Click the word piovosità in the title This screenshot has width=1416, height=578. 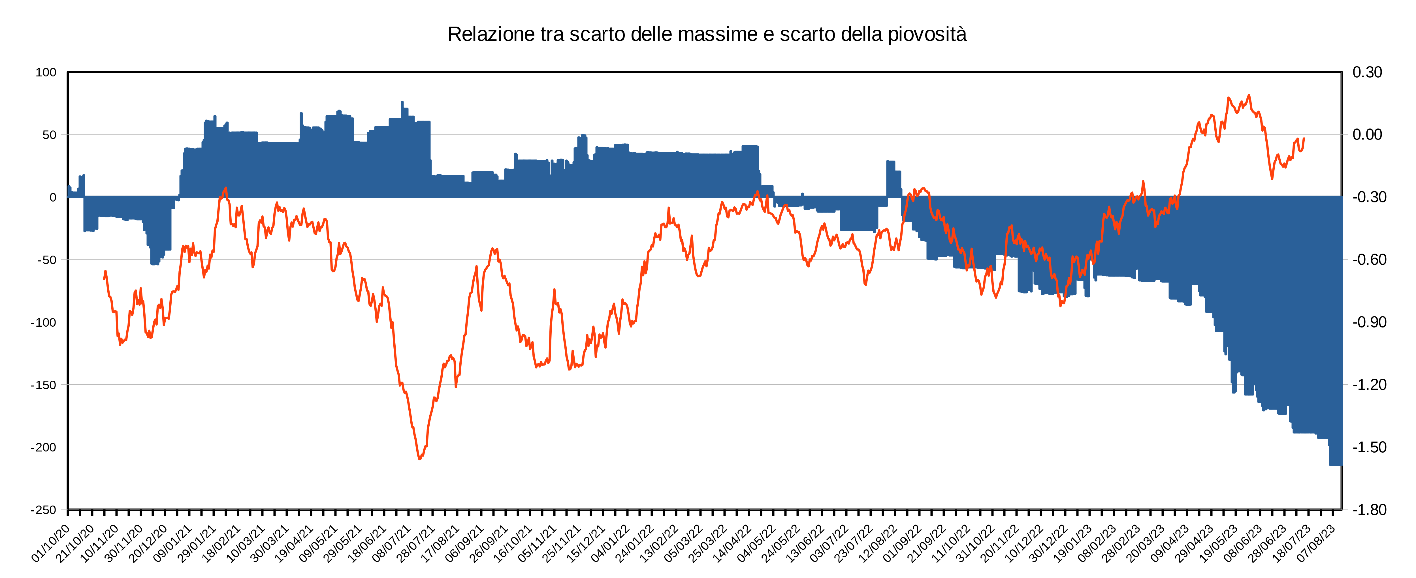tap(927, 35)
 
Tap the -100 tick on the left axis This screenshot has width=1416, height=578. tap(44, 322)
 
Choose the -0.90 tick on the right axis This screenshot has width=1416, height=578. tap(1369, 322)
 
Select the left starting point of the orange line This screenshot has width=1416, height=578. tap(104, 279)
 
